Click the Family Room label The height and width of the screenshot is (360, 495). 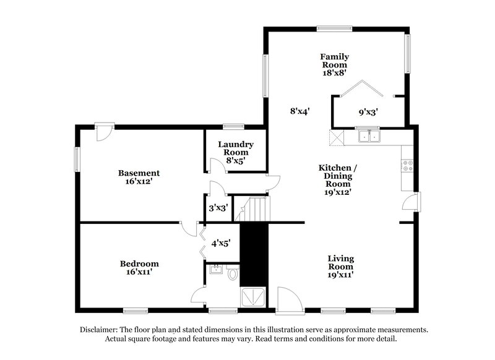(334, 60)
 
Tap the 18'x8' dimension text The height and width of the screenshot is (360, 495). (334, 72)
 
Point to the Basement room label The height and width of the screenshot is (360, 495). (139, 173)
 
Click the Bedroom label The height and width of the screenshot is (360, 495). (139, 264)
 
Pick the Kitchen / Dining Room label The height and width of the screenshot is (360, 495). (338, 176)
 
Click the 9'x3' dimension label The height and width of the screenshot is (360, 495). (368, 113)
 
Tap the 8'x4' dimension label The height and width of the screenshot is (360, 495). (299, 111)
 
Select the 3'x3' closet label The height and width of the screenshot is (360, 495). (218, 208)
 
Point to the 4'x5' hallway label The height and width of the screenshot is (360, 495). (221, 244)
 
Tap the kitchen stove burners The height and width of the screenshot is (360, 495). (408, 165)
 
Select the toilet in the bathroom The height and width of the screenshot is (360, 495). (233, 273)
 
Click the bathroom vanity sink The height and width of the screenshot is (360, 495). (216, 270)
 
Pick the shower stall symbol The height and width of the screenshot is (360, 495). (254, 298)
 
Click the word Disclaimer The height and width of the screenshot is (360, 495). (102, 330)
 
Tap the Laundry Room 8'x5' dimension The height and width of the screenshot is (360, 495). (236, 160)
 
